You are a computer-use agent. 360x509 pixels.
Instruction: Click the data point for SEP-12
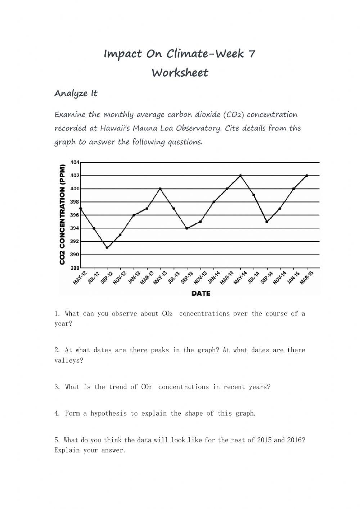point(107,247)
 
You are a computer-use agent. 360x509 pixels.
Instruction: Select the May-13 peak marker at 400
point(160,189)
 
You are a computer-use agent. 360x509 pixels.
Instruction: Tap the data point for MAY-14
point(240,176)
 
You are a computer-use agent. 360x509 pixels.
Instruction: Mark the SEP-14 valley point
point(267,222)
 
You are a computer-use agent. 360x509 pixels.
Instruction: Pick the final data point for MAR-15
point(307,176)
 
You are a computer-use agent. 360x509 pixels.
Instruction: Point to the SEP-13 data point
point(187,228)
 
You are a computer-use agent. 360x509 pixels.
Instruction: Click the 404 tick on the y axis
point(75,162)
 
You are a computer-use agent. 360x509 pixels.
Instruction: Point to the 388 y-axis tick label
point(75,268)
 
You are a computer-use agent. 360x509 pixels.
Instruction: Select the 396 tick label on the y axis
point(75,215)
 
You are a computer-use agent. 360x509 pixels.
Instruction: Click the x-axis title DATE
point(201,294)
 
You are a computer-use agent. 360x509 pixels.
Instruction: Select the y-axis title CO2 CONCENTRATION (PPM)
point(63,215)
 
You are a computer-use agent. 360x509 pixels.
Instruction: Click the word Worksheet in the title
point(180,73)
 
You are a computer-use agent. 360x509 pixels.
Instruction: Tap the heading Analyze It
point(76,94)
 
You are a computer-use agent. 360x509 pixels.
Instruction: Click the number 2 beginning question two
point(57,350)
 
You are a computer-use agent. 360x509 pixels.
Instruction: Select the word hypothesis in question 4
point(108,414)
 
